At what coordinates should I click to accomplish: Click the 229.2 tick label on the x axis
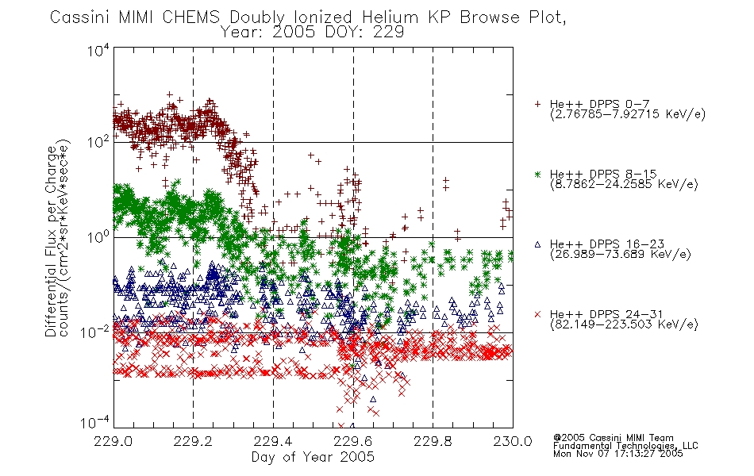(193, 441)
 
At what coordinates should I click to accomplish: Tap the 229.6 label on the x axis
(353, 441)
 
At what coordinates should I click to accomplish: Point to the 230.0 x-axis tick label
(513, 441)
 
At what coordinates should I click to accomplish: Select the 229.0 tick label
(113, 441)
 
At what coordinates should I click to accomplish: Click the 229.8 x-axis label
(433, 441)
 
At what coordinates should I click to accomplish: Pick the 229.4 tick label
(273, 441)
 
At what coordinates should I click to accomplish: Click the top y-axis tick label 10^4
(98, 50)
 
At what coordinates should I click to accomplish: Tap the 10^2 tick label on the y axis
(98, 142)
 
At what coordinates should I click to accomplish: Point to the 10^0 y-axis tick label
(98, 237)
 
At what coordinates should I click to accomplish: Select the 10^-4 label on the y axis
(94, 423)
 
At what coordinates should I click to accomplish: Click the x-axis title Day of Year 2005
(313, 457)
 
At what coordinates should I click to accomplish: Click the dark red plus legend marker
(537, 104)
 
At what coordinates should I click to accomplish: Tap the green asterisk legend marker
(537, 174)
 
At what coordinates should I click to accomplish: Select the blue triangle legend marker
(537, 244)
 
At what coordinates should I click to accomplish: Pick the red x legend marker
(537, 314)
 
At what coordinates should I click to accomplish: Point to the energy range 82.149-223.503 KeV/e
(624, 324)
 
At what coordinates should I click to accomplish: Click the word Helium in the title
(390, 17)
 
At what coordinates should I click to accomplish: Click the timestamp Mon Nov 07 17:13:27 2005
(618, 453)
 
